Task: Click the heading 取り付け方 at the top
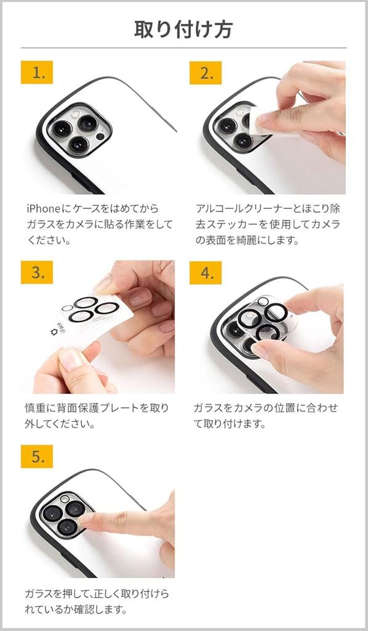[183, 29]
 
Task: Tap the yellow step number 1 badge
[37, 73]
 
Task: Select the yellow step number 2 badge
[206, 73]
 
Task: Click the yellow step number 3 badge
[37, 272]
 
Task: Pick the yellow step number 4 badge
[206, 272]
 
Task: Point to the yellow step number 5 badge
[37, 457]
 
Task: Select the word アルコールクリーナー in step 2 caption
[244, 209]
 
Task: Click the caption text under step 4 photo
[266, 416]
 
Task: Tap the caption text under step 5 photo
[97, 601]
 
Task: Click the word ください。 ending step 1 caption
[49, 240]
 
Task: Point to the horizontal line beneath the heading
[183, 48]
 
